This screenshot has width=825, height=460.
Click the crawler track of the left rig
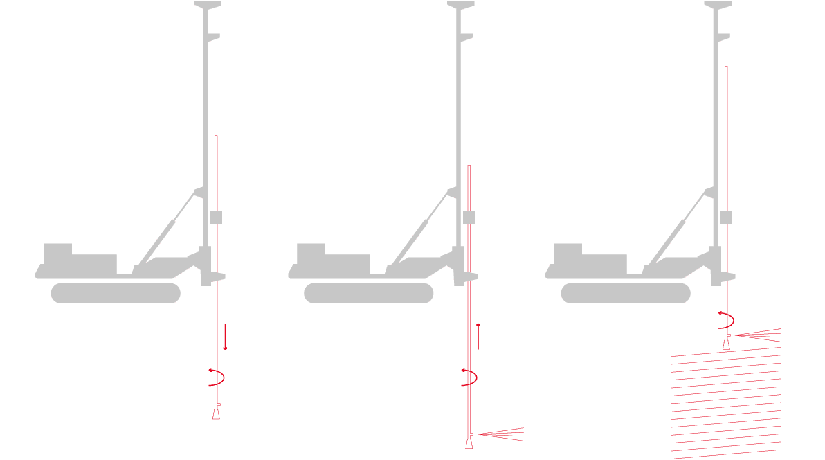[116, 293]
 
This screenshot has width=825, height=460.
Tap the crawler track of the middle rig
[369, 293]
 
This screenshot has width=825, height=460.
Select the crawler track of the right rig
[626, 293]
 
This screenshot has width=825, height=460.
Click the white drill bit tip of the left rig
[216, 413]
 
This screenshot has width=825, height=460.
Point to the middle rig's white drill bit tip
[469, 442]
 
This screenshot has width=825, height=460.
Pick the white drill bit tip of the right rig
[726, 344]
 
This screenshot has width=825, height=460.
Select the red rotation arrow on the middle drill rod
[471, 378]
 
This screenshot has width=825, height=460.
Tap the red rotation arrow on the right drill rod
[727, 321]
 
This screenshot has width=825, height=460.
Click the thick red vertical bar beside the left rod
[226, 337]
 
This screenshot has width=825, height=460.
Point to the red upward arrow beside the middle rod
[478, 336]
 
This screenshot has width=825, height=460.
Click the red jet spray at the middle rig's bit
[502, 434]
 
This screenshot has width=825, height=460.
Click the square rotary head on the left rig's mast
[216, 218]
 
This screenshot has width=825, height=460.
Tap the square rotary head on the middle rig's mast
[469, 218]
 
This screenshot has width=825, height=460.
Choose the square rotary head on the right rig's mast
[726, 218]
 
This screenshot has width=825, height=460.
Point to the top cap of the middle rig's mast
[461, 6]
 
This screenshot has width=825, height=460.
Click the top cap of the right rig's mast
[718, 6]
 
